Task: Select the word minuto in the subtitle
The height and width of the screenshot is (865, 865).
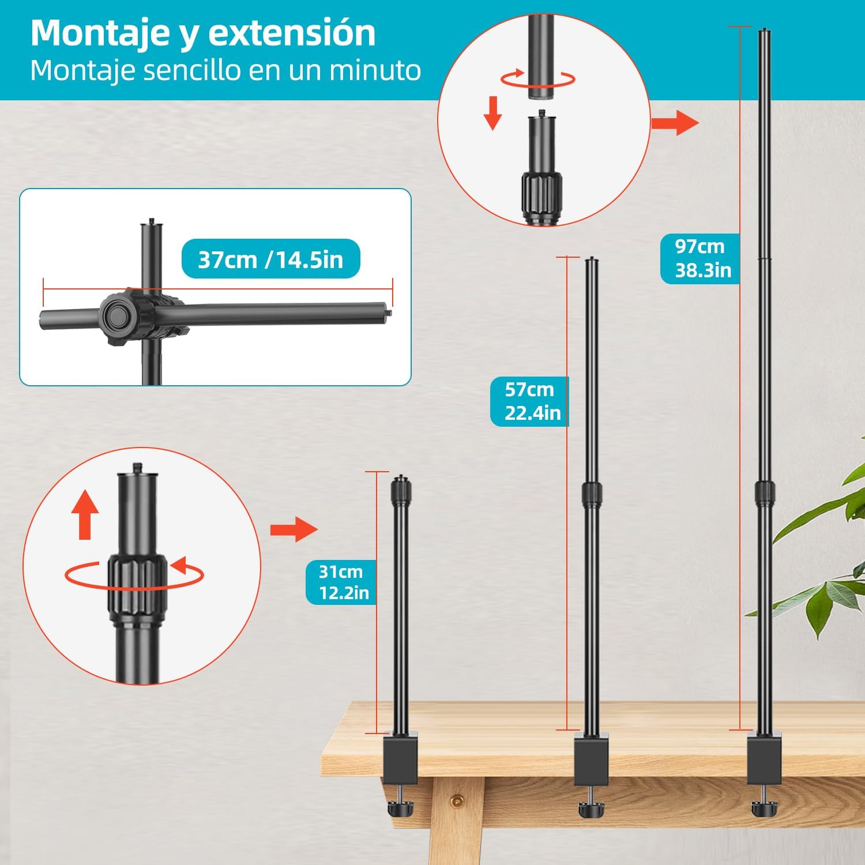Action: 375,70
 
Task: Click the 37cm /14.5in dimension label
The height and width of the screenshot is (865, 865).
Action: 270,259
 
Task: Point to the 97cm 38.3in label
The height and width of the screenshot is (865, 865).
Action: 701,258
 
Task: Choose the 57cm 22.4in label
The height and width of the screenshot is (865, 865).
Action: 530,401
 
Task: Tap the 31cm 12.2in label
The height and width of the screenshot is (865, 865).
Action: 341,582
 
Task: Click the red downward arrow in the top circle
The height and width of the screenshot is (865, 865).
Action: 492,113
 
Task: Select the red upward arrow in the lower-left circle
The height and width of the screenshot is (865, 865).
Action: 85,514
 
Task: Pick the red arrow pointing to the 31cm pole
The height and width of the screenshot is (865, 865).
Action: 294,529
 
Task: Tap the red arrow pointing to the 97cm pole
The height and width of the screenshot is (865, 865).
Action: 675,122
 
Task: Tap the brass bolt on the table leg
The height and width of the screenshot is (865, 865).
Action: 457,800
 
